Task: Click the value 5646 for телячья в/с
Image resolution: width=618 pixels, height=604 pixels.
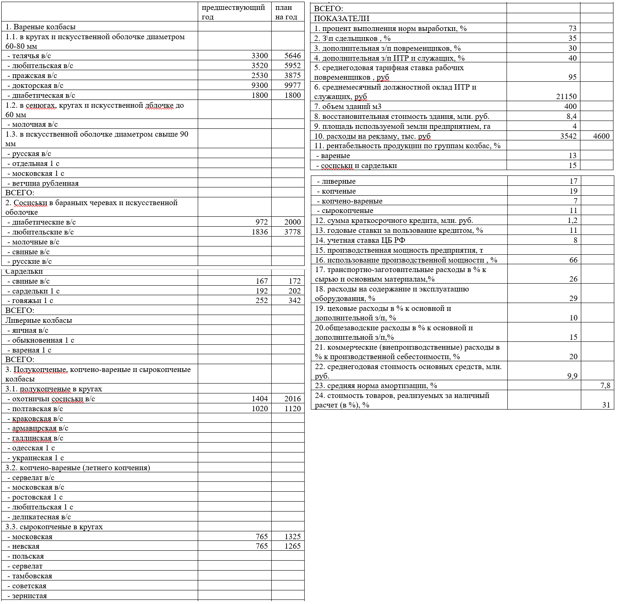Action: click(292, 56)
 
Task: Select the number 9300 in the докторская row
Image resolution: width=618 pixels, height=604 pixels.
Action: click(260, 85)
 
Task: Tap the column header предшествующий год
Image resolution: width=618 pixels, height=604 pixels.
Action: click(233, 12)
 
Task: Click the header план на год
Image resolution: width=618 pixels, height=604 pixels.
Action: click(286, 12)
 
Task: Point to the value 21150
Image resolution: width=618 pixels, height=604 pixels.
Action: click(566, 97)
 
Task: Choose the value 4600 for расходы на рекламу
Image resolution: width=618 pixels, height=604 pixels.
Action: click(601, 136)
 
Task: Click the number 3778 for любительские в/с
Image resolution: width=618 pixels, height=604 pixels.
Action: click(292, 232)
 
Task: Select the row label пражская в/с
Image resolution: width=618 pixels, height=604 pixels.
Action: click(35, 76)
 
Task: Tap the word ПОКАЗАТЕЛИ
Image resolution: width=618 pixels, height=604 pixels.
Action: click(341, 19)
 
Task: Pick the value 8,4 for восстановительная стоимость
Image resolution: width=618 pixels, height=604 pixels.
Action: click(571, 116)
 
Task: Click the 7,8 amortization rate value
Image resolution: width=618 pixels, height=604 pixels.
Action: click(605, 386)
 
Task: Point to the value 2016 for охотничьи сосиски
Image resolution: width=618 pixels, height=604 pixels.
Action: click(292, 399)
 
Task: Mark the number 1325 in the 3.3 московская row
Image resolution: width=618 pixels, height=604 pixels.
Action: click(292, 537)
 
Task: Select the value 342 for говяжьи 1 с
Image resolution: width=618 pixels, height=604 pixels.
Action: click(294, 301)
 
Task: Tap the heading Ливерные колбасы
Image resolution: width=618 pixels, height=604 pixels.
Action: click(38, 320)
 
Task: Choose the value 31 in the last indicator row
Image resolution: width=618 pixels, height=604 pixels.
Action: click(606, 405)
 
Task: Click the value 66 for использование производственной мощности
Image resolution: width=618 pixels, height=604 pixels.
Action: click(573, 260)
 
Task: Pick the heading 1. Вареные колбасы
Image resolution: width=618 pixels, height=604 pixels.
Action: click(40, 27)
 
